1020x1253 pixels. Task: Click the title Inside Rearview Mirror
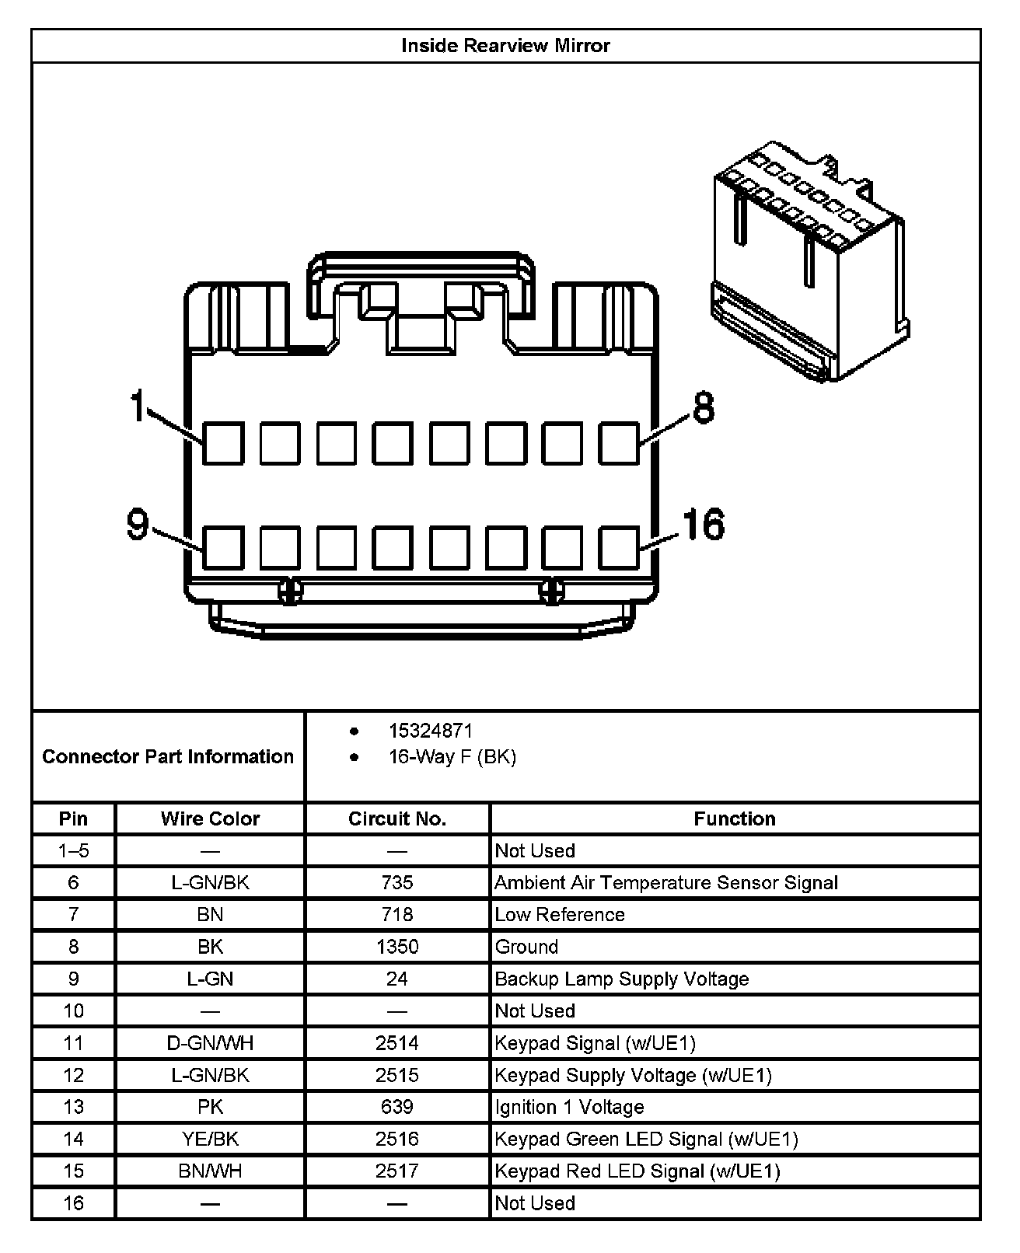505,46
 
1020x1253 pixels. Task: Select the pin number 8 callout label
703,407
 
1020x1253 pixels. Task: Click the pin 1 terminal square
223,444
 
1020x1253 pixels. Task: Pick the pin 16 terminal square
619,547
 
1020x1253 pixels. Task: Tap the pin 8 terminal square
619,444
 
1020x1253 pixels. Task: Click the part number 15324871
431,731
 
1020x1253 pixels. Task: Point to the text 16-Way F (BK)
452,756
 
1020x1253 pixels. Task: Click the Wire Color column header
210,818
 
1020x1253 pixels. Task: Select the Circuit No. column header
397,818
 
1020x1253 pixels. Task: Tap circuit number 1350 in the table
397,947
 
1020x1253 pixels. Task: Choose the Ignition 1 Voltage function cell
570,1107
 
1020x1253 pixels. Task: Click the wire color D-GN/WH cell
210,1043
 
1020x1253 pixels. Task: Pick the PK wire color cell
210,1107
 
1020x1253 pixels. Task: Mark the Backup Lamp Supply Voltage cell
622,979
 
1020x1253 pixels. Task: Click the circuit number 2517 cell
397,1171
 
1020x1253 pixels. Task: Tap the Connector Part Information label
168,756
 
